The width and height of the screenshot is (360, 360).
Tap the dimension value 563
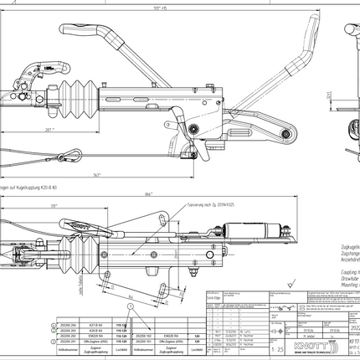click(x=98, y=174)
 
